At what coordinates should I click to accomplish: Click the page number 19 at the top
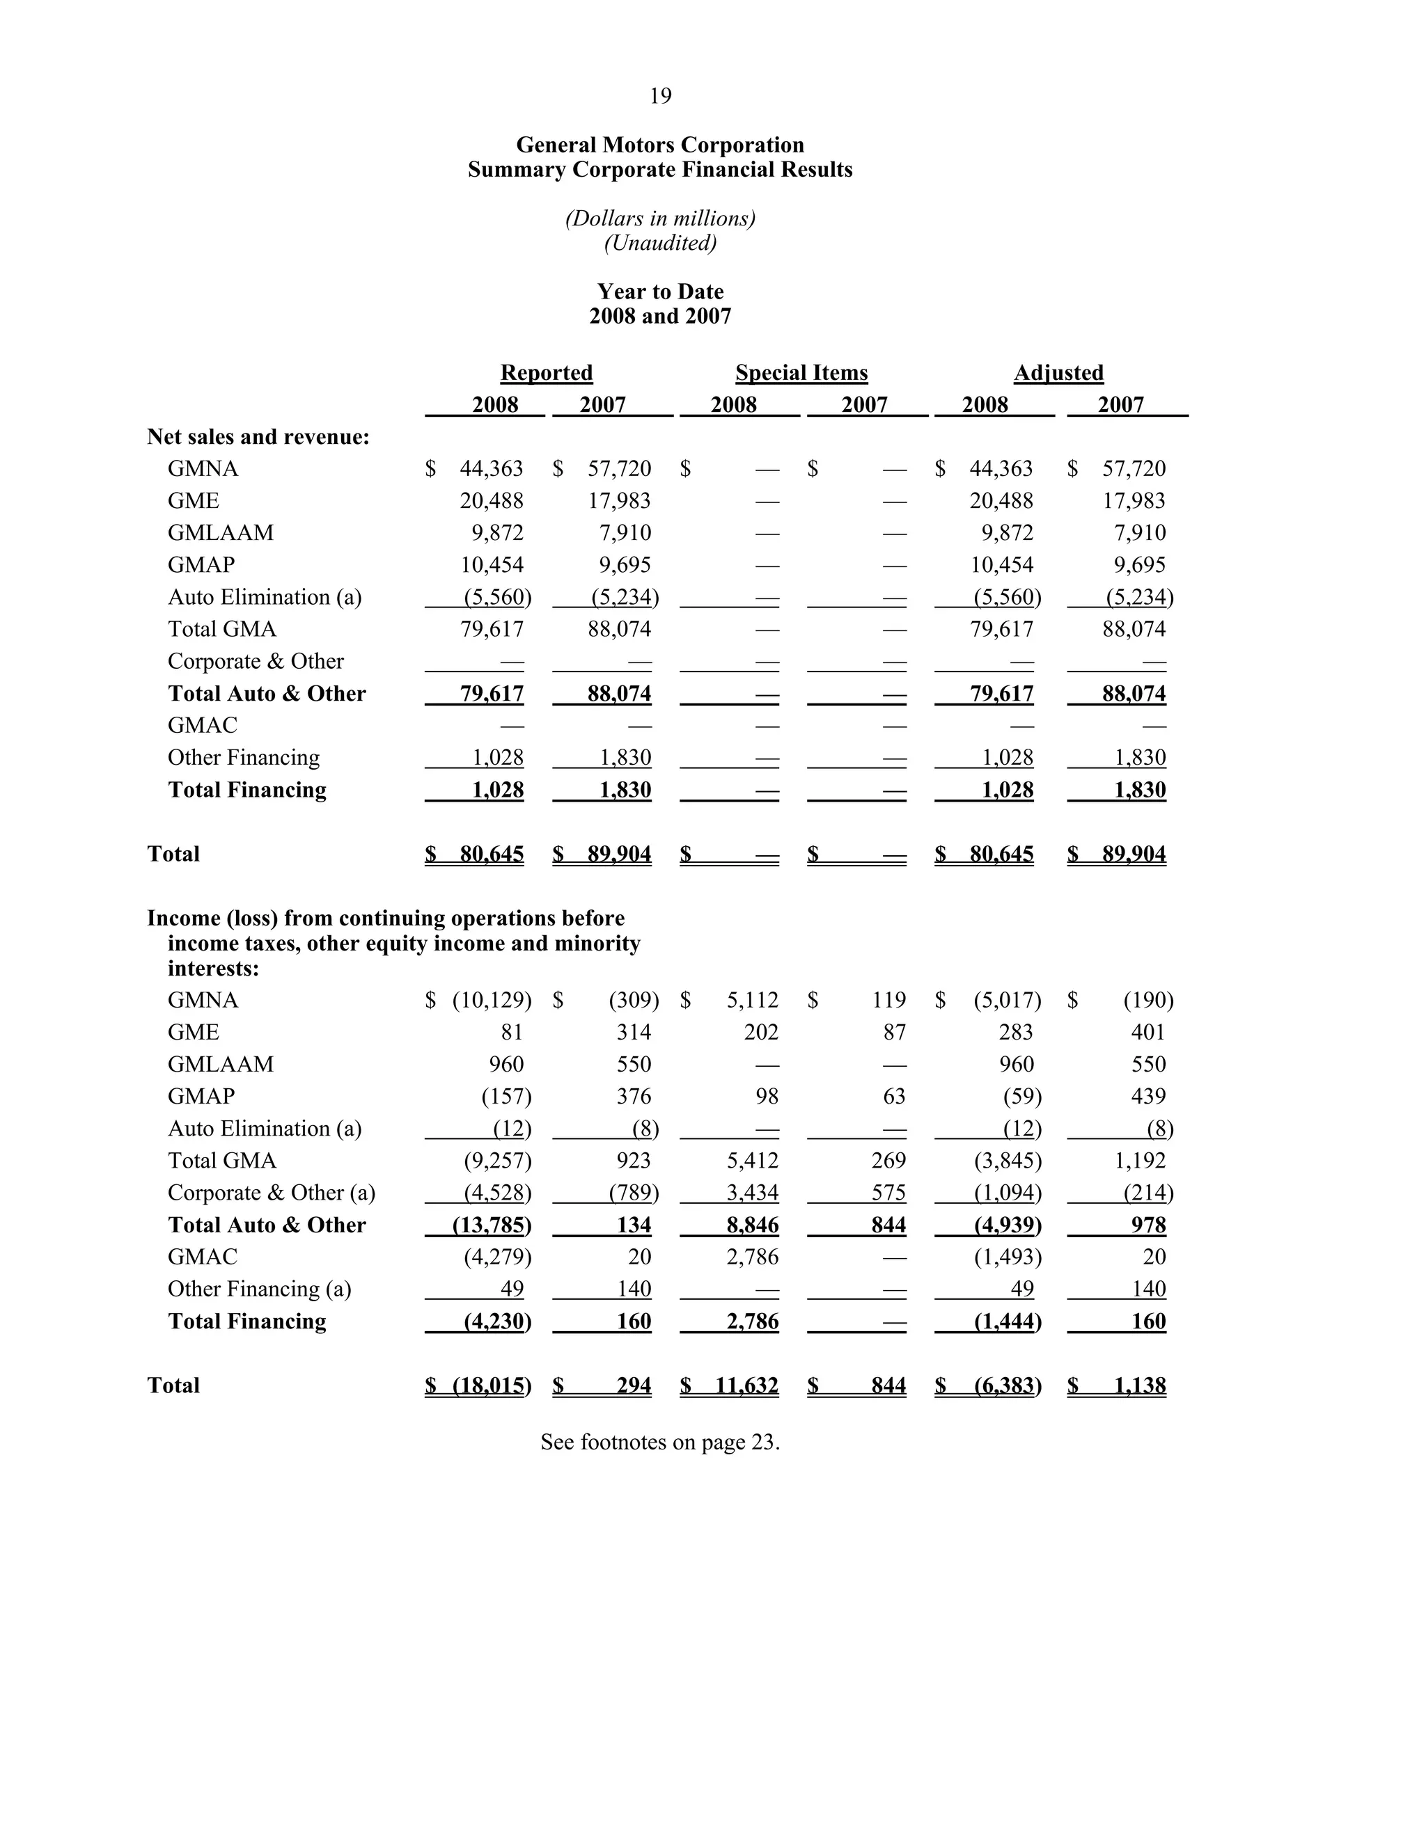(660, 96)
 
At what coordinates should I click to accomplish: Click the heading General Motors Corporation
(660, 145)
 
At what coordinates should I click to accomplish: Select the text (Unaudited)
(660, 243)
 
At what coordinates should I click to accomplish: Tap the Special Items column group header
(801, 372)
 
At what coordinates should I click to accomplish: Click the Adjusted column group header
(1058, 372)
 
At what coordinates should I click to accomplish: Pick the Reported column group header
(547, 372)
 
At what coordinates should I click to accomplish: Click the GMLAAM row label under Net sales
(221, 533)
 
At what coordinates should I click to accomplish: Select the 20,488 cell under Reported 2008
(491, 501)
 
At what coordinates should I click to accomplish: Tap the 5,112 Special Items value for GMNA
(752, 1001)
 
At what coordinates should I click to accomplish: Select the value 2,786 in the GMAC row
(752, 1257)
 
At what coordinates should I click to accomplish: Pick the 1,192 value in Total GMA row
(1140, 1161)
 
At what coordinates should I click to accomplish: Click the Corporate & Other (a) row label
(271, 1193)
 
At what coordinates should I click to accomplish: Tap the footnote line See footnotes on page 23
(660, 1442)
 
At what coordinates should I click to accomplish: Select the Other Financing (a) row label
(258, 1289)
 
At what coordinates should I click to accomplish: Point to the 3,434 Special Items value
(752, 1193)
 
